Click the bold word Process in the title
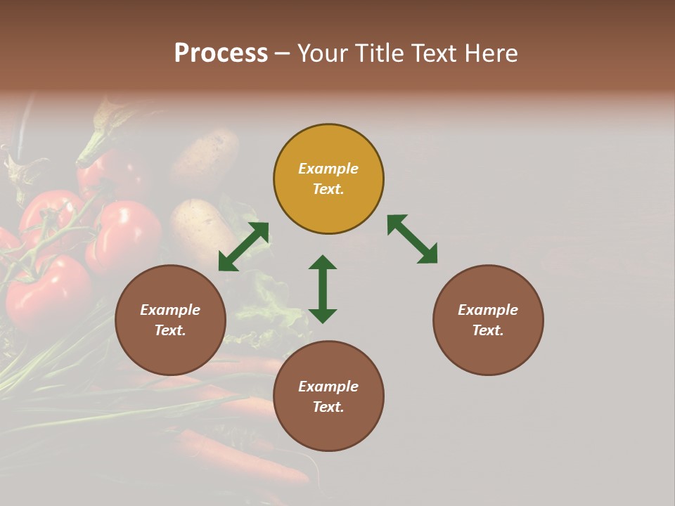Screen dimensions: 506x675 click(221, 53)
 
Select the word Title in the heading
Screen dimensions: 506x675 click(378, 53)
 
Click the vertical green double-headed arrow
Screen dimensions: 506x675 click(323, 289)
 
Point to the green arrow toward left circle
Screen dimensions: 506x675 click(243, 247)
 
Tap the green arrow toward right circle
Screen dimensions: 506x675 click(413, 239)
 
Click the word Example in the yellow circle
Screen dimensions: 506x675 click(328, 169)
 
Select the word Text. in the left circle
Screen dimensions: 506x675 click(170, 330)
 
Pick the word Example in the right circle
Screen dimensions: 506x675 click(488, 310)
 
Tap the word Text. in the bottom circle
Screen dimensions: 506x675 click(328, 407)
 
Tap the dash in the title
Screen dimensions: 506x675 click(283, 54)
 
